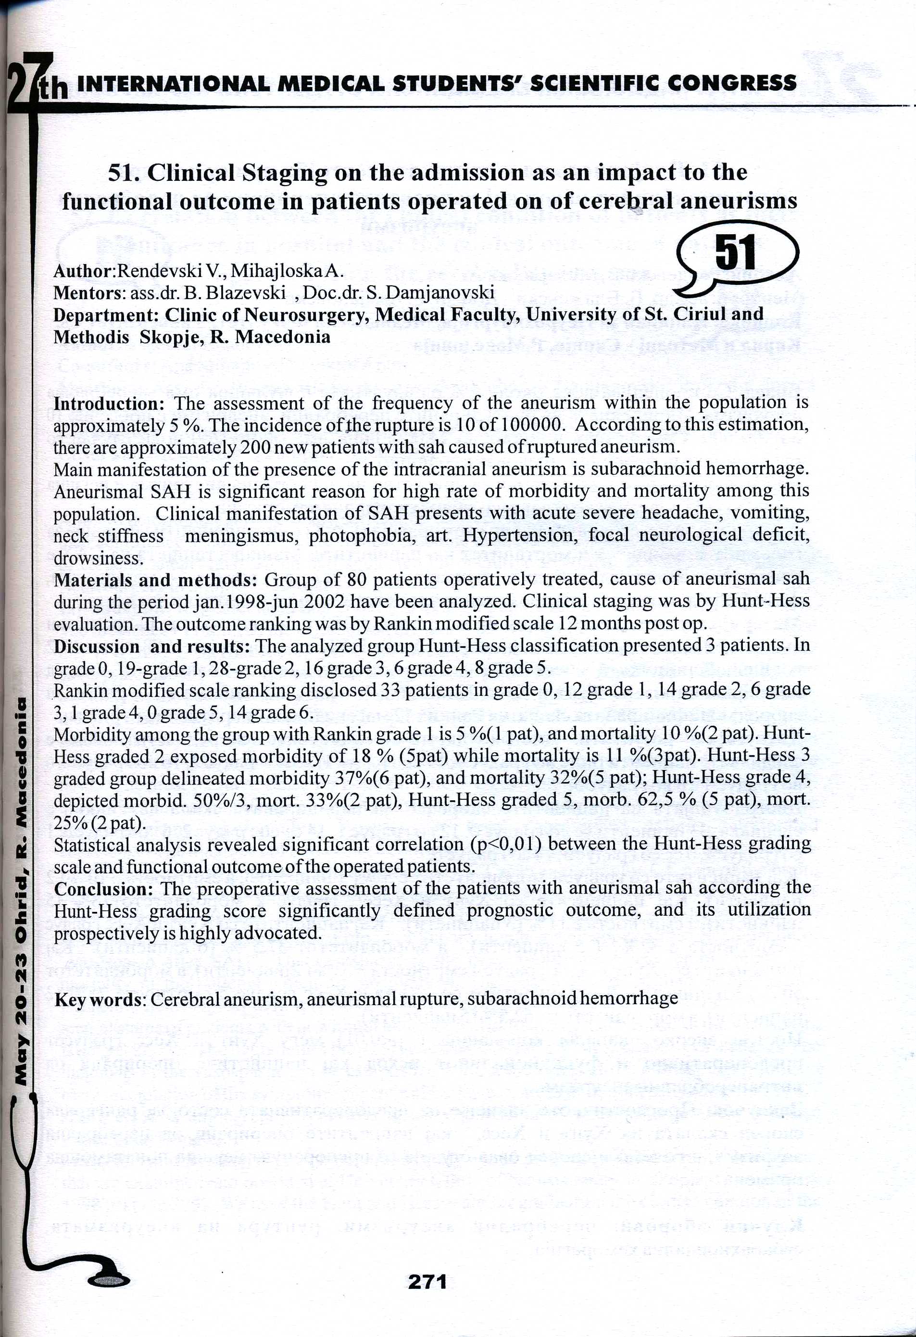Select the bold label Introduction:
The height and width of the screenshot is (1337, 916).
pos(109,404)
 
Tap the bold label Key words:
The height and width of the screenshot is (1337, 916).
pos(100,999)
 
